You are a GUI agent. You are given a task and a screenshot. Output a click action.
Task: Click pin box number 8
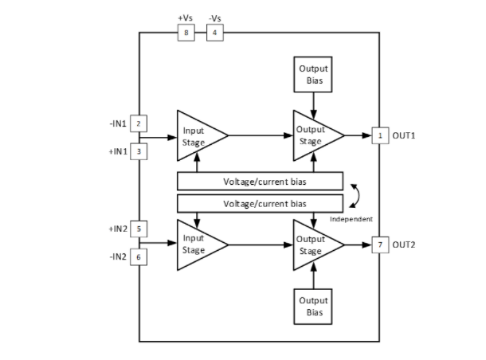[186, 33]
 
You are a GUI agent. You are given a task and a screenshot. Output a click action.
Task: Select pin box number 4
[215, 33]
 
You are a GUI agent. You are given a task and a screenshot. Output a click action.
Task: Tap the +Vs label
[186, 17]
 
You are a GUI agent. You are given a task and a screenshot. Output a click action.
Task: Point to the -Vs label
[215, 17]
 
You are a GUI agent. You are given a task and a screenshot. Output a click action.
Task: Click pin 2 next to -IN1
[139, 123]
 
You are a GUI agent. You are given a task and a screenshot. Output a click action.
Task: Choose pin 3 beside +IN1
[139, 151]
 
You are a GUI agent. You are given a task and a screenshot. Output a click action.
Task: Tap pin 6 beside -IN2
[139, 256]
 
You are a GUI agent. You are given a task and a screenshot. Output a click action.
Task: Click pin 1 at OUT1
[380, 135]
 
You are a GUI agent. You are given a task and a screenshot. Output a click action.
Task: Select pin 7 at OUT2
[380, 243]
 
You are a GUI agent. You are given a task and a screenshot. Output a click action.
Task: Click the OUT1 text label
[405, 135]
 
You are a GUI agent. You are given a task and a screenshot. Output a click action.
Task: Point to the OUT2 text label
[405, 243]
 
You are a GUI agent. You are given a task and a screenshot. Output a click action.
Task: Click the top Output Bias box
[313, 74]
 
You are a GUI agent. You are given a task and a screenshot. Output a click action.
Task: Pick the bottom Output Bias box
[313, 305]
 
